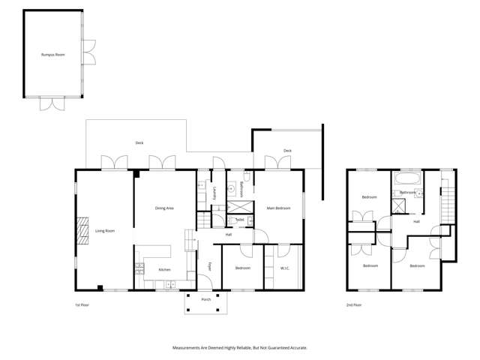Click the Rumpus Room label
[53, 55]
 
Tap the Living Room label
[104, 230]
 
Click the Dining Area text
[164, 208]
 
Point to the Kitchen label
[164, 269]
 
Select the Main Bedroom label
[278, 208]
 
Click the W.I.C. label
[284, 268]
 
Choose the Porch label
[205, 299]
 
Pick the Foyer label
[209, 266]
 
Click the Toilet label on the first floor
[239, 220]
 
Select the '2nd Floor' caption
[353, 305]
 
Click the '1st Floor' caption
[82, 305]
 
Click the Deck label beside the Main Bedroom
[287, 151]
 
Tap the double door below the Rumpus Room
[53, 104]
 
